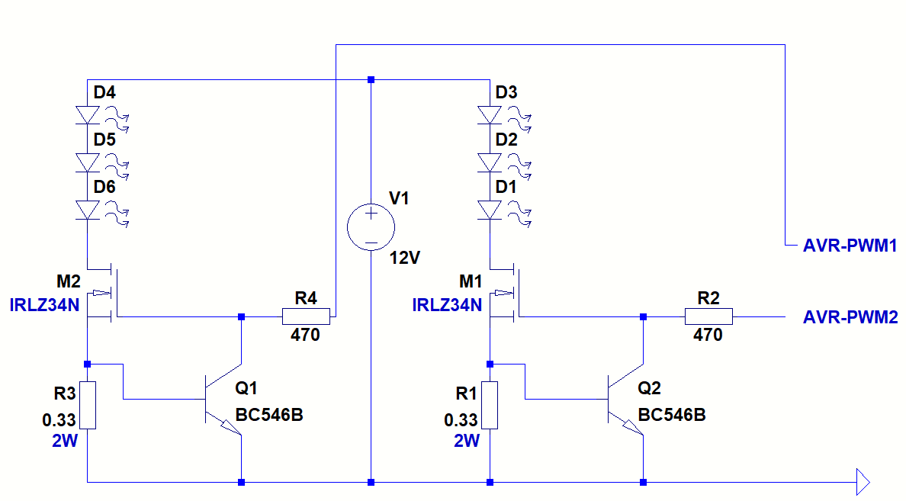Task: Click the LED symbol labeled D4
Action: click(88, 115)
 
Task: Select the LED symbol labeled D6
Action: click(88, 210)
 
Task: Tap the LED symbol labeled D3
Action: click(490, 115)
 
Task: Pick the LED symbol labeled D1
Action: click(490, 210)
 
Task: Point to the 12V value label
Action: click(404, 258)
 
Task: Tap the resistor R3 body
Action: click(88, 405)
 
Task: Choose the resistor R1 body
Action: click(490, 405)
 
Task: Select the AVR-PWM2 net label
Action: click(850, 317)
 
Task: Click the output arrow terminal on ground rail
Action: click(863, 482)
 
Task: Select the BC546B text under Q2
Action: click(671, 416)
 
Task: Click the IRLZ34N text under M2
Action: click(44, 306)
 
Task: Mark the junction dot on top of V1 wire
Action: click(371, 80)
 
